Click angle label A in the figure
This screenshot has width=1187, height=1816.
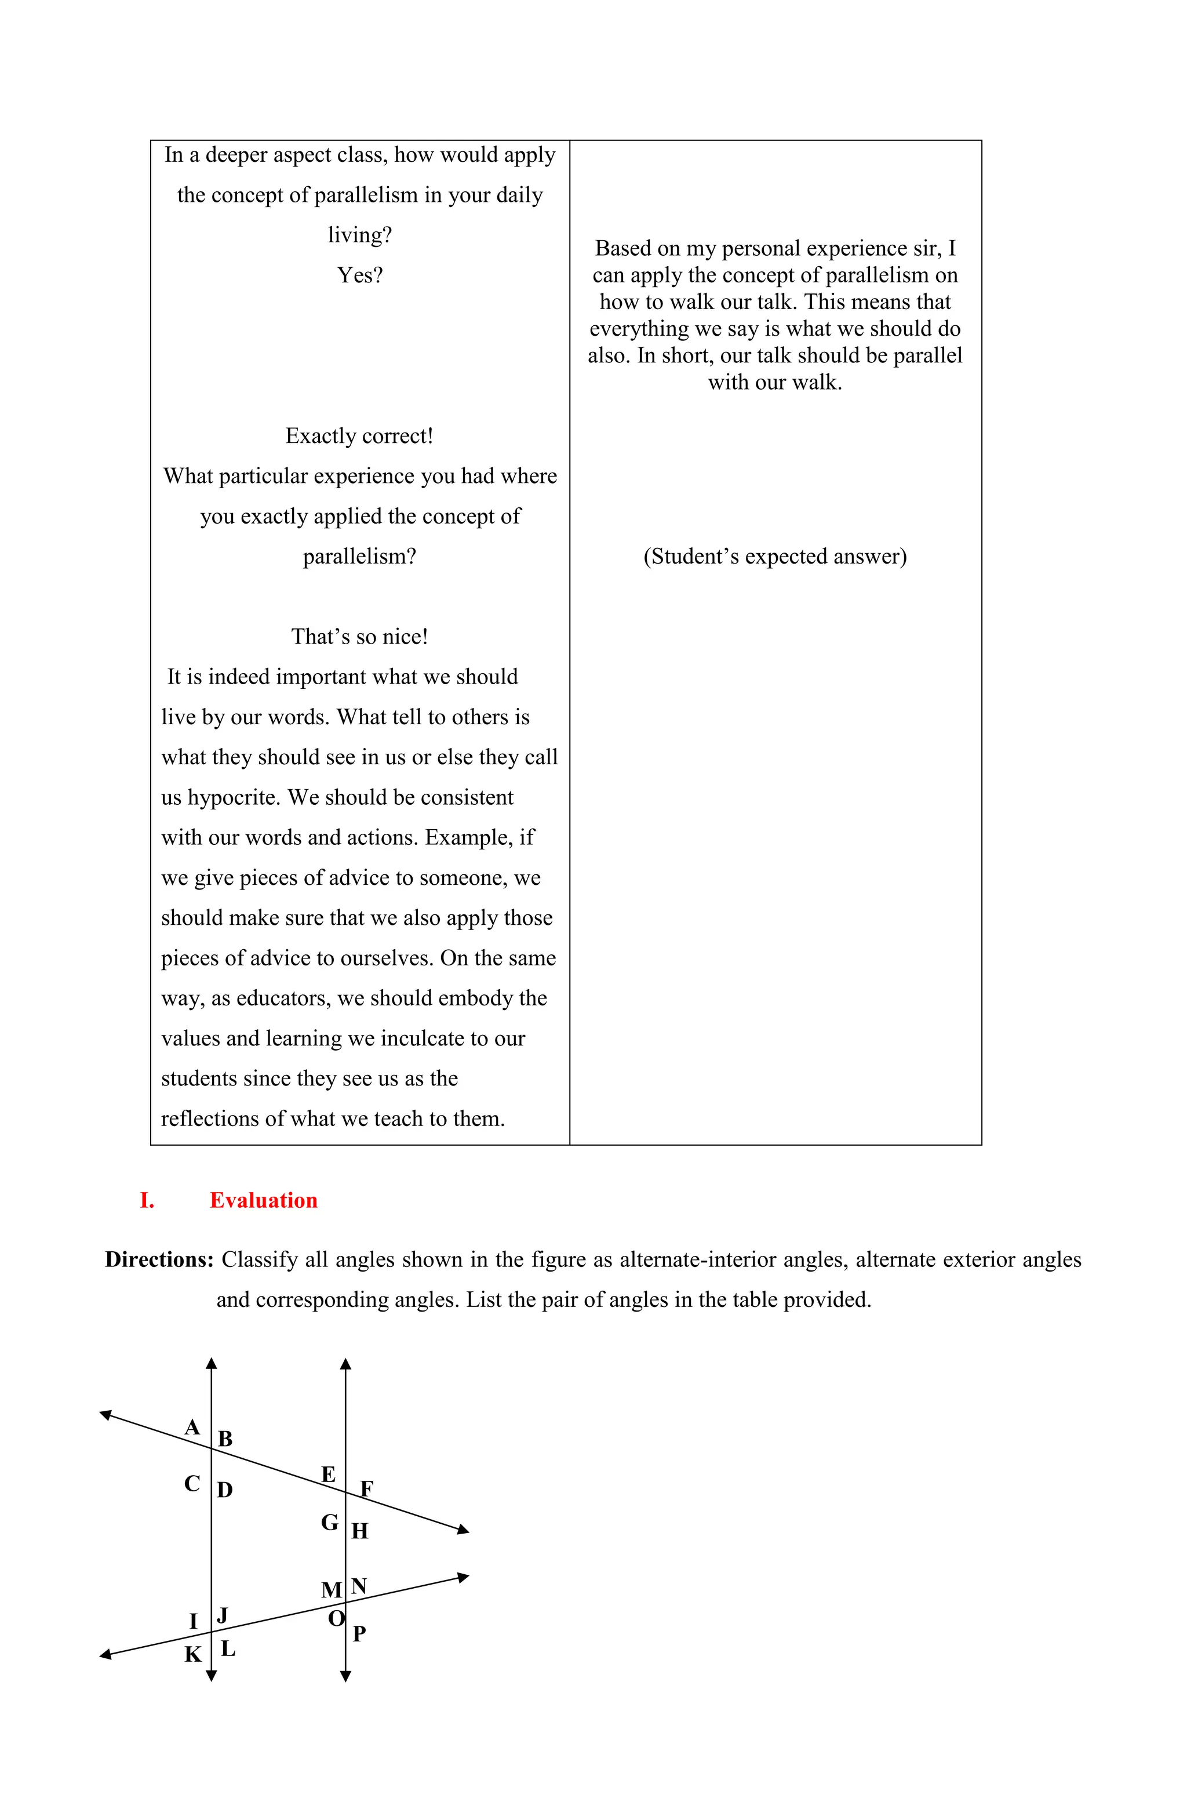coord(192,1428)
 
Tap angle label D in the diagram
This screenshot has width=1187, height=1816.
coord(224,1490)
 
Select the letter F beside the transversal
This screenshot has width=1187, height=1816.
coord(366,1488)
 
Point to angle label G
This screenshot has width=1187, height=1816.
coord(330,1522)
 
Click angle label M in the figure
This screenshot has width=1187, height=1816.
coord(331,1590)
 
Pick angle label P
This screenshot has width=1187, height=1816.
coord(359,1633)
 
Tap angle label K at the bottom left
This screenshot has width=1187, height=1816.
coord(193,1654)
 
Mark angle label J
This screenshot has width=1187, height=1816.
coord(223,1615)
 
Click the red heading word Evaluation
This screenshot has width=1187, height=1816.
coord(263,1200)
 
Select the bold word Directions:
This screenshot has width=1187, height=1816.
coord(159,1259)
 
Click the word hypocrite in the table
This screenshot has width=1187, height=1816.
coord(234,797)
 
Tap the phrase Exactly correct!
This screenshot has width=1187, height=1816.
coord(359,435)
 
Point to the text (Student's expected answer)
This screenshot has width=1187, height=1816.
coord(775,556)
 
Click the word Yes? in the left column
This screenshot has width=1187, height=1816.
coord(359,275)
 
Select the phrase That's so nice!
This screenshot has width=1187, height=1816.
coord(359,637)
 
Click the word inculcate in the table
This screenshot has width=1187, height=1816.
coord(422,1038)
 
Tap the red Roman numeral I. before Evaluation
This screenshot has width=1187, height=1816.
coord(147,1200)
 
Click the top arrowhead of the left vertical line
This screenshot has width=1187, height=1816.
coord(212,1363)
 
